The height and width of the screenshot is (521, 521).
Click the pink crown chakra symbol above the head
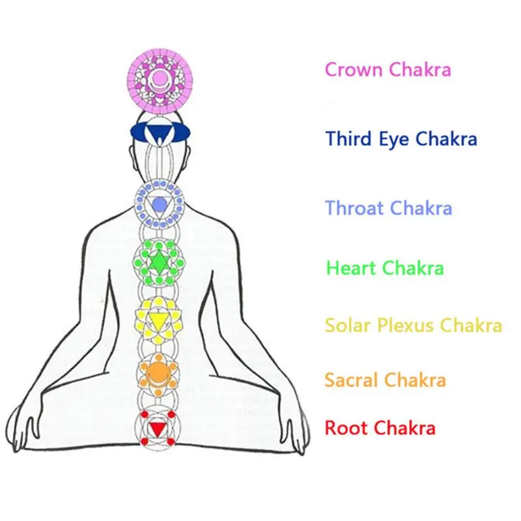click(160, 81)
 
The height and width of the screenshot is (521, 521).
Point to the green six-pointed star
click(159, 262)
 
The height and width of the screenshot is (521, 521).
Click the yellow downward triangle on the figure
click(158, 321)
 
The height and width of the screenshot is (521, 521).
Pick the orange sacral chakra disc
click(158, 374)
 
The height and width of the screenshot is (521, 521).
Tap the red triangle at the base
click(158, 429)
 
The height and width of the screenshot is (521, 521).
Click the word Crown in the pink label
click(354, 70)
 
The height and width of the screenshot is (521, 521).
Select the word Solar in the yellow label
click(348, 325)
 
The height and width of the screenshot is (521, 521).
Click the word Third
click(348, 139)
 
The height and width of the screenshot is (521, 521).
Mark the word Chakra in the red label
click(405, 428)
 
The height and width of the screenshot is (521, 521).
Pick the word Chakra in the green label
click(414, 268)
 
